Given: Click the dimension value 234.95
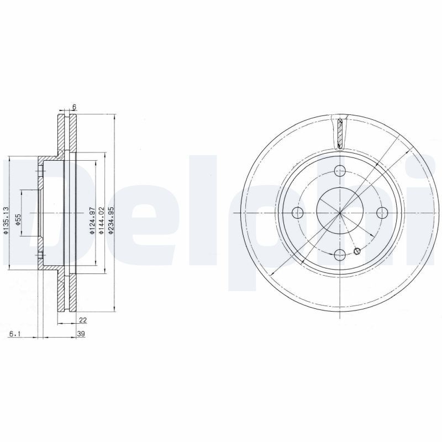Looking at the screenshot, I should tap(111, 220).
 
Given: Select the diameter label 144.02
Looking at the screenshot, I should tap(101, 220).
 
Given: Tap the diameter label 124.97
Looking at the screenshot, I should tap(92, 220).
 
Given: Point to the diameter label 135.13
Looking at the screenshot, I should tap(6, 220).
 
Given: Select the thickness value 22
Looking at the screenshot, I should tap(83, 320).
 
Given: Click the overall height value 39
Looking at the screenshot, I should tap(81, 334).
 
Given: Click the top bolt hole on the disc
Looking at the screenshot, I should tap(340, 171).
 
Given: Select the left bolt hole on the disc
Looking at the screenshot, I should tap(298, 213).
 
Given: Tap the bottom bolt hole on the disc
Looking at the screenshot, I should tap(340, 254).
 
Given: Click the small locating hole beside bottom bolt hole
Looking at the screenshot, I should tap(357, 251).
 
